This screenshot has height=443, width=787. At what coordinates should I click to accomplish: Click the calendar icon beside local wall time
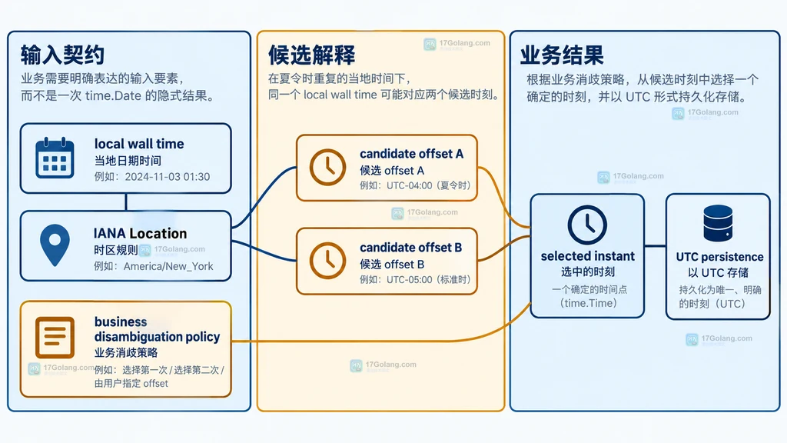[x=55, y=158]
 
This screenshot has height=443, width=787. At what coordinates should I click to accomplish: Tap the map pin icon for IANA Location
[x=55, y=245]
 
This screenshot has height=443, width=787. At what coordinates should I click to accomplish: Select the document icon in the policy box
[x=55, y=337]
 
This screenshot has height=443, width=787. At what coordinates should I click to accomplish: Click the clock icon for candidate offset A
[x=327, y=167]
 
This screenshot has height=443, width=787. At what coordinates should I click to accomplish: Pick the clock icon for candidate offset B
[x=327, y=261]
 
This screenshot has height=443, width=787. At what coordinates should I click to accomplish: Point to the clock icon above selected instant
[x=587, y=225]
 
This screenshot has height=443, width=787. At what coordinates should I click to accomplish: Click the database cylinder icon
[x=718, y=224]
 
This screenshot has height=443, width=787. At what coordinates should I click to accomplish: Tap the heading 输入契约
[x=62, y=55]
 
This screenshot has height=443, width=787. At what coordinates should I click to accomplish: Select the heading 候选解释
[x=312, y=55]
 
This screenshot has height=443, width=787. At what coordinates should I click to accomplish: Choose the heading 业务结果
[x=562, y=55]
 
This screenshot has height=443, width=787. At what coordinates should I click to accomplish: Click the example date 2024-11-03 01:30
[x=167, y=177]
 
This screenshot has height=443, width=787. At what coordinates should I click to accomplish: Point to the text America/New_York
[x=168, y=266]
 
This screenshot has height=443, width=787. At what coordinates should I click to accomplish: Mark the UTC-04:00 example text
[x=409, y=185]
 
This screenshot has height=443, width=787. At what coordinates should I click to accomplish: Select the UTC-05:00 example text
[x=409, y=279]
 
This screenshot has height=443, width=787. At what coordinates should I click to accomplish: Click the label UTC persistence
[x=719, y=257]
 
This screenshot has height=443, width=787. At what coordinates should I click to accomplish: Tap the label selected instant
[x=588, y=256]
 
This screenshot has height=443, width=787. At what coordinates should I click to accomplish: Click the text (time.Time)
[x=588, y=303]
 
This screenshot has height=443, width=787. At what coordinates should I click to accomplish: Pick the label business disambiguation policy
[x=157, y=329]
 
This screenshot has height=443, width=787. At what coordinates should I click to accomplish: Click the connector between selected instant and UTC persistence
[x=655, y=246]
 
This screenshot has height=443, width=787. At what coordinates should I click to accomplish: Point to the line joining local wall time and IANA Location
[x=125, y=202]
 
